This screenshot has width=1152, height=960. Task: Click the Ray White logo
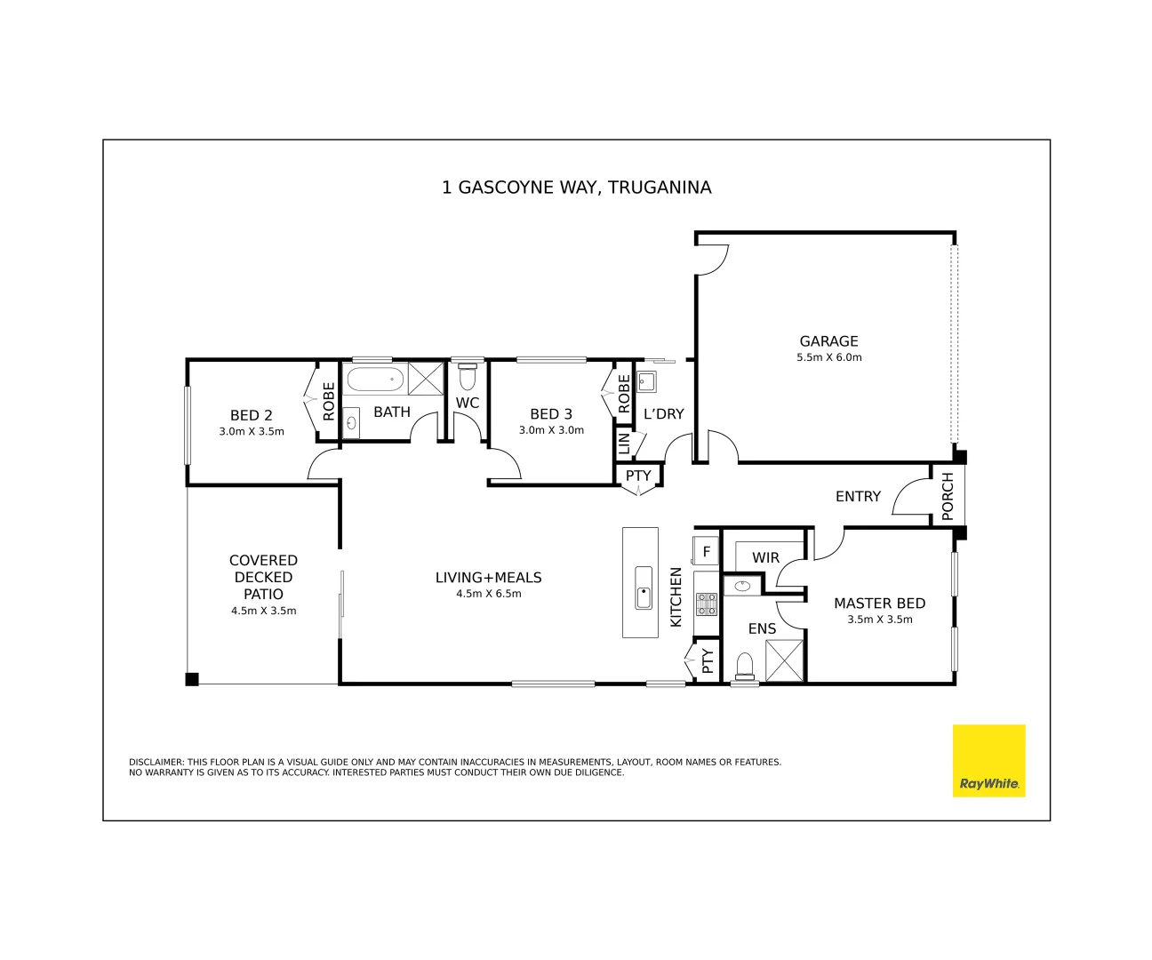click(x=988, y=760)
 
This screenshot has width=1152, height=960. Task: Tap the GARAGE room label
click(x=828, y=341)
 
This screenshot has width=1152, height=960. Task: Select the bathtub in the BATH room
click(x=374, y=380)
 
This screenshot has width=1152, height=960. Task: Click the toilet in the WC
click(x=468, y=378)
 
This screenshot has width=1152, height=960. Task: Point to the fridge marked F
click(x=707, y=552)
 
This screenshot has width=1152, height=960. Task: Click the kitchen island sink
click(x=644, y=588)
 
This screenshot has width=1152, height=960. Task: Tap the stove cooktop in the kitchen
click(x=707, y=605)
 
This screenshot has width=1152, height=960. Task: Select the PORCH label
click(x=948, y=496)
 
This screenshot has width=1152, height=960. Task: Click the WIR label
click(x=765, y=558)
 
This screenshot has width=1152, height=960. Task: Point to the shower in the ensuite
click(x=784, y=660)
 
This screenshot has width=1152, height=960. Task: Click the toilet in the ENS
click(x=745, y=667)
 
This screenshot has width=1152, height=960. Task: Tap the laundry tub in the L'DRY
click(x=646, y=382)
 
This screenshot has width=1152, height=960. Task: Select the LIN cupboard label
click(x=624, y=444)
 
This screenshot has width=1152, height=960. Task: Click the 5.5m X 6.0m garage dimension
click(x=828, y=357)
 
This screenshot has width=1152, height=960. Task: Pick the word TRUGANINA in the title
click(x=660, y=188)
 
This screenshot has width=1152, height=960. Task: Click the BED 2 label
click(x=251, y=415)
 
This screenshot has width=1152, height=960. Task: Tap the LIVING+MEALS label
click(x=488, y=578)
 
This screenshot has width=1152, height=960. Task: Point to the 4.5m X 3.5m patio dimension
click(x=263, y=611)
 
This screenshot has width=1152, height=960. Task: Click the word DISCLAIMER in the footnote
click(x=156, y=763)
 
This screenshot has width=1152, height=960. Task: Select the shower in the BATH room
click(x=426, y=379)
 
